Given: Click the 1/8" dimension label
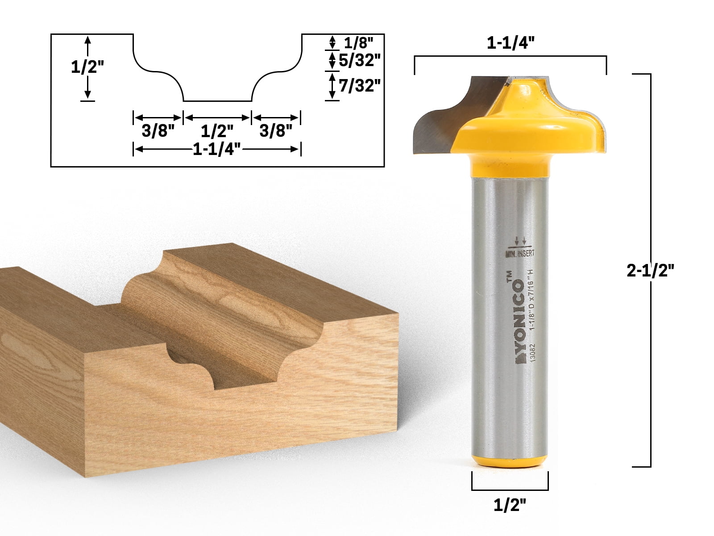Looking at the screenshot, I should tap(358, 43).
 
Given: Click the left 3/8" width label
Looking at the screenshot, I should tap(157, 131).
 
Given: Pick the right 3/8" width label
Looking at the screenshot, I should tap(276, 131).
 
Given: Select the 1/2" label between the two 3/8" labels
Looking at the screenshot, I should tap(217, 131).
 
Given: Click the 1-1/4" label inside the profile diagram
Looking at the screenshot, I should tap(217, 150).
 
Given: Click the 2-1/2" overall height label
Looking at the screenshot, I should tap(649, 271).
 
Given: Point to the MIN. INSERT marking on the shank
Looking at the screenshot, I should tap(520, 253).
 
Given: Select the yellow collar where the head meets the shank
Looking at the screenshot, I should tap(510, 161).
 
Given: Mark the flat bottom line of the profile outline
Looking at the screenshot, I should tap(218, 100).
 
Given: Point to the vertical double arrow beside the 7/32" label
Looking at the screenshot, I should tap(332, 86).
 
